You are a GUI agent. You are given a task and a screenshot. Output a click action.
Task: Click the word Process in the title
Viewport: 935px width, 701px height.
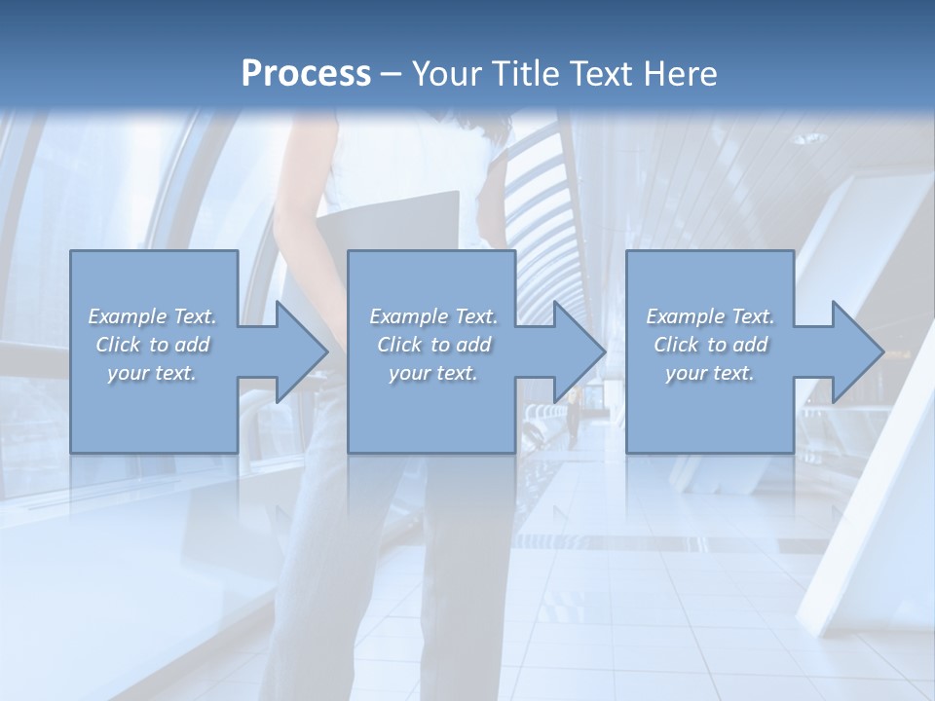click(306, 74)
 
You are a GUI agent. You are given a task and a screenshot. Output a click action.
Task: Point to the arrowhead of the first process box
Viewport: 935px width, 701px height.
click(301, 351)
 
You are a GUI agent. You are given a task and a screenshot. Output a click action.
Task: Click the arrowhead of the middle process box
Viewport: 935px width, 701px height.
click(579, 351)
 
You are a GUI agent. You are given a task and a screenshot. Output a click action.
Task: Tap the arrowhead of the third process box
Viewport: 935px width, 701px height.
click(856, 351)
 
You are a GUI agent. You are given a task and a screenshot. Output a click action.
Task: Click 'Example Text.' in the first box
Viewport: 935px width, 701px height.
click(152, 316)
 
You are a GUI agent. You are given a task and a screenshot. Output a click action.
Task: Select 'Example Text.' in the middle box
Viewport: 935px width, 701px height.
click(432, 316)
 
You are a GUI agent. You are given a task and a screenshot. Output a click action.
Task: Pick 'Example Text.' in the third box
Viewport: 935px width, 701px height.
click(710, 316)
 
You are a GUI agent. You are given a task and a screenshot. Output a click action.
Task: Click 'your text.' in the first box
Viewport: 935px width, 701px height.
click(152, 373)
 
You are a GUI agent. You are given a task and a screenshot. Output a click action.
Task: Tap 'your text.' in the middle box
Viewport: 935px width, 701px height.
click(432, 373)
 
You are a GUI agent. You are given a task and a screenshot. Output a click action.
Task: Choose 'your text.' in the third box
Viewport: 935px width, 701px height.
click(710, 373)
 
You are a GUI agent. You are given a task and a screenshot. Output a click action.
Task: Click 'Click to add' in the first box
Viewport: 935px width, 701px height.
click(152, 345)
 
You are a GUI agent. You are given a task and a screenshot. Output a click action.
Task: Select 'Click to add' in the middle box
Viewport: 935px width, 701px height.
click(432, 345)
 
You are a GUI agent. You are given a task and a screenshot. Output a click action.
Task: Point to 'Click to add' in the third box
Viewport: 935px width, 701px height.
click(710, 345)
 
